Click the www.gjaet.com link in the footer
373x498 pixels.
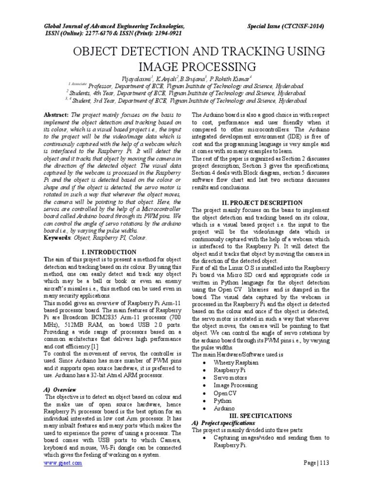click(63, 463)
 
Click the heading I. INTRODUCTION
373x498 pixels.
click(109, 252)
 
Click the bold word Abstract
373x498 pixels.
click(56, 114)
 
